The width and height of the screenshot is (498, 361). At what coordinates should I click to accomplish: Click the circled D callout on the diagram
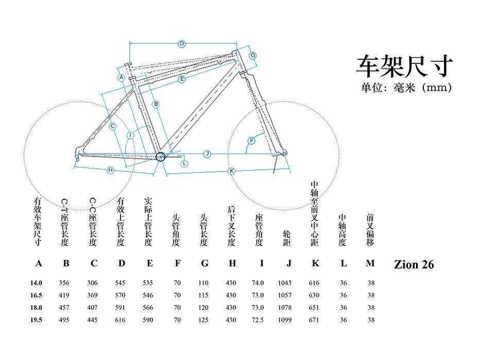click(x=181, y=44)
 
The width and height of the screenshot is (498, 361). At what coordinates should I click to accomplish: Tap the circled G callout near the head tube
click(x=253, y=55)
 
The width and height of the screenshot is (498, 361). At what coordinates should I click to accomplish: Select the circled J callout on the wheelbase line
click(x=207, y=153)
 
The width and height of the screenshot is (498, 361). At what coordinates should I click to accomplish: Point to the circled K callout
click(x=232, y=170)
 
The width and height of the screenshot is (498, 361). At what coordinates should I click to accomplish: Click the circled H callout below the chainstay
click(x=110, y=170)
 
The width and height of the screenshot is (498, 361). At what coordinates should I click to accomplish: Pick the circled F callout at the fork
click(x=252, y=141)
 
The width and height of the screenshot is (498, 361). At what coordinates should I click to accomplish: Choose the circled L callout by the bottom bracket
click(x=184, y=163)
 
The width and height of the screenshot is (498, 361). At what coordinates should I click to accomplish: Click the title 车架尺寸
click(x=405, y=66)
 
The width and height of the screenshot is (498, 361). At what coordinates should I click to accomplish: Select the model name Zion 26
click(x=414, y=265)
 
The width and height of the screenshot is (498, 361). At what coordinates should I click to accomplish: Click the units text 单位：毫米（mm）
click(x=406, y=88)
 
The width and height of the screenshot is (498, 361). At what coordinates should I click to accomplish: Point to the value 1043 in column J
click(x=284, y=283)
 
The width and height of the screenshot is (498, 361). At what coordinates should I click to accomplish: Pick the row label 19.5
click(x=36, y=320)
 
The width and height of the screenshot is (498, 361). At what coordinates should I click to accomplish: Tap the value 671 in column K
click(x=314, y=320)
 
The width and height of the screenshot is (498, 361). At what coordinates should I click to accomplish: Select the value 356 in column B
click(x=64, y=283)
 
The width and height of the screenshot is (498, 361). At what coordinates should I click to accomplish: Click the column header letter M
click(x=370, y=263)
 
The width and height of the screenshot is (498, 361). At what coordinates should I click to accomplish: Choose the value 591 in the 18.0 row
click(x=119, y=307)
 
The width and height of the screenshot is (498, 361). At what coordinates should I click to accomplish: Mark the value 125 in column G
click(x=204, y=320)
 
